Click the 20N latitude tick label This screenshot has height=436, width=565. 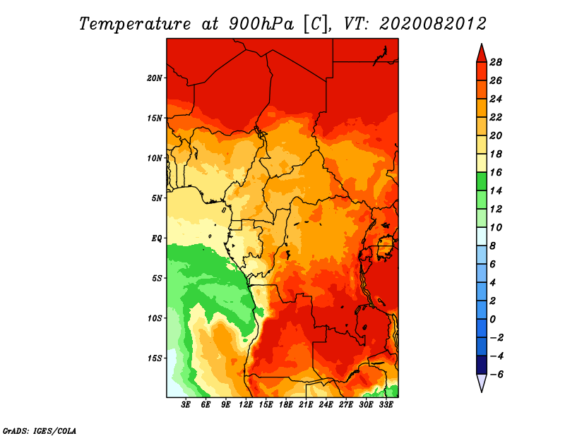(155, 78)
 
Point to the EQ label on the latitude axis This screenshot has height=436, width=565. (157, 238)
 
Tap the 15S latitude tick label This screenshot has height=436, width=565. (155, 358)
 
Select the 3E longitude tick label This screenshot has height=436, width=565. (186, 404)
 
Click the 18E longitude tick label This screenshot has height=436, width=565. (286, 404)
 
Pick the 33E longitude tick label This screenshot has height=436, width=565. (386, 404)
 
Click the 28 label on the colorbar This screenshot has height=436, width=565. (496, 62)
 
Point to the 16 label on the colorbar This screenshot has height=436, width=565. (496, 172)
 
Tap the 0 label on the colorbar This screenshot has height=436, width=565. (492, 320)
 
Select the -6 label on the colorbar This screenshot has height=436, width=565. (496, 375)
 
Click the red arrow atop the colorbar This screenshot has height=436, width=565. (482, 54)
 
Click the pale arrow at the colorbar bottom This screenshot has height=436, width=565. (482, 383)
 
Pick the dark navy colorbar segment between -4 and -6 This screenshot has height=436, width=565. (482, 365)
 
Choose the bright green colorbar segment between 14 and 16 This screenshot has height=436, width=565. (482, 181)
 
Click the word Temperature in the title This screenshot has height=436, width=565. (135, 24)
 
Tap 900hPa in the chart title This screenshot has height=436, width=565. (261, 24)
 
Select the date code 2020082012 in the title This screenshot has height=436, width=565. (433, 24)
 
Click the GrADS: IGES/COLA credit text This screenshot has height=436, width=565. (40, 431)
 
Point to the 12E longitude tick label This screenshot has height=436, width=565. (246, 404)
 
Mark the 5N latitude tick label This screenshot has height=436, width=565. (157, 198)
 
